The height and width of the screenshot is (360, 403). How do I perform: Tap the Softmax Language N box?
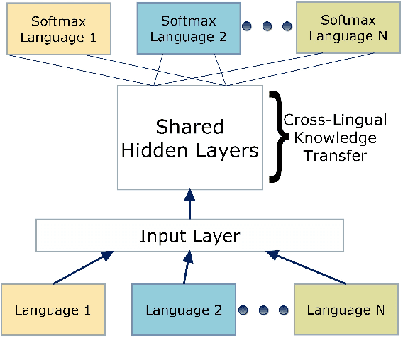(x=344, y=28)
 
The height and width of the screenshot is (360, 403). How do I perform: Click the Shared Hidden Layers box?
(x=189, y=139)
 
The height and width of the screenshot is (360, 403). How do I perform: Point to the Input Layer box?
(x=189, y=235)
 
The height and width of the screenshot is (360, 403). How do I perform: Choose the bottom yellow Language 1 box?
(x=53, y=310)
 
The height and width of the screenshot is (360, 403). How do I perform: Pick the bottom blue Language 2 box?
(x=184, y=310)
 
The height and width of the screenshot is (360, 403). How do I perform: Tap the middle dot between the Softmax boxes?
(x=267, y=27)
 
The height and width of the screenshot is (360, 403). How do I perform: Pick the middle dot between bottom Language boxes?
(x=265, y=310)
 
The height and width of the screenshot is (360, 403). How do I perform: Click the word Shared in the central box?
(x=189, y=128)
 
